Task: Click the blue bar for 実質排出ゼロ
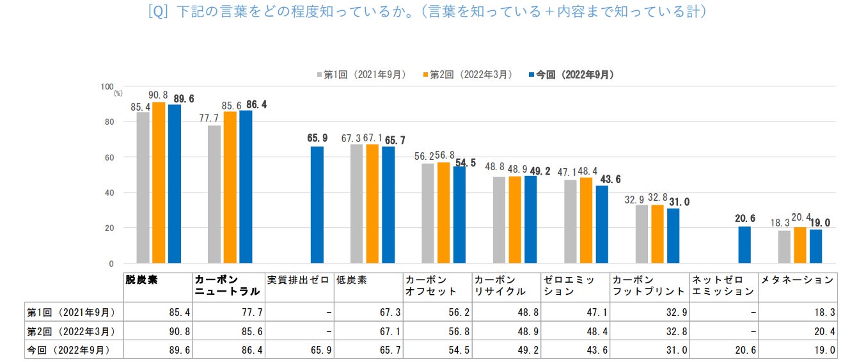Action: coord(317,205)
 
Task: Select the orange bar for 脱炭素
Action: coord(159,182)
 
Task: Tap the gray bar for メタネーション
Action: coord(784,247)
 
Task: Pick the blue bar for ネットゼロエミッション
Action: coord(744,245)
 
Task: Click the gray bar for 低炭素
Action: coord(356,203)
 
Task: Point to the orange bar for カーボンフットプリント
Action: coord(657,234)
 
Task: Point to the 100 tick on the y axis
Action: coord(106,86)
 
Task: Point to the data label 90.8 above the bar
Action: coord(158,95)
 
